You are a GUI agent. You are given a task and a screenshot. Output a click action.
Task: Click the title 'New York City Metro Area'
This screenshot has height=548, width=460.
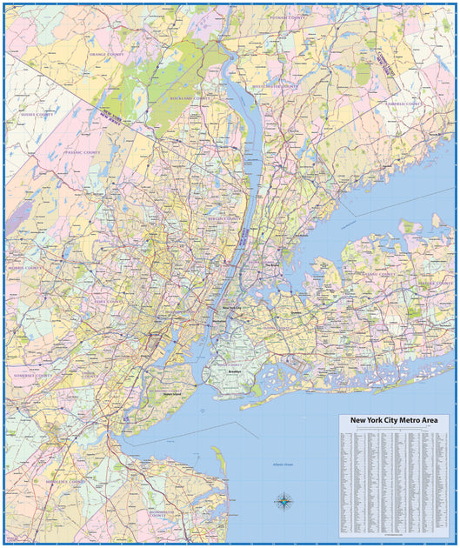point(394,420)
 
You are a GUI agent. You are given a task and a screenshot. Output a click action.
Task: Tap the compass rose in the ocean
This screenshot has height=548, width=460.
point(284,500)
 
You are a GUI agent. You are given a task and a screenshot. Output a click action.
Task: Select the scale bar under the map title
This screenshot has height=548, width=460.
point(394,429)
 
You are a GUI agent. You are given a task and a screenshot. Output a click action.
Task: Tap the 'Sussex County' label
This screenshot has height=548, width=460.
point(37,114)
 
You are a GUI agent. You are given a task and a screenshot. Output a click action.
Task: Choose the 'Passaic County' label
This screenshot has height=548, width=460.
point(82,152)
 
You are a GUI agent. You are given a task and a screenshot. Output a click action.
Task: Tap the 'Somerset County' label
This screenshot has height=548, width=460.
point(33,376)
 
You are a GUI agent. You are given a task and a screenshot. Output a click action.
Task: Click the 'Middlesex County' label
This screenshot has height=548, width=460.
point(65,481)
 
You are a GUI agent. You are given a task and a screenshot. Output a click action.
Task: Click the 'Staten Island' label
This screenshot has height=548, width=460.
point(172,394)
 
